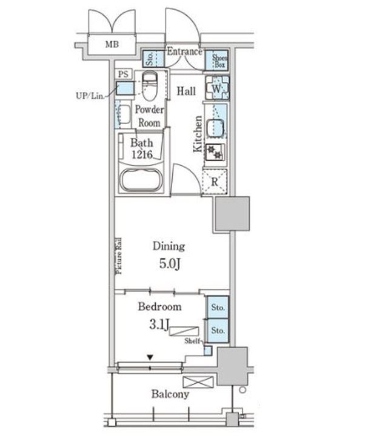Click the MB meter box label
[x=112, y=44]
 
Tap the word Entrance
[x=184, y=51]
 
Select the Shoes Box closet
[x=217, y=61]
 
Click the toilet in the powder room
[x=150, y=86]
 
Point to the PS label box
[x=123, y=74]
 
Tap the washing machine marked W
[x=217, y=88]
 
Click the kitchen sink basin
[x=215, y=127]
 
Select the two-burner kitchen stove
[x=215, y=152]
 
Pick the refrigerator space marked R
[x=215, y=182]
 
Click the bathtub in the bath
[x=141, y=180]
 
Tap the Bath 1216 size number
[x=142, y=154]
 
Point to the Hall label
[x=186, y=91]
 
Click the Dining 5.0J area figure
[x=170, y=263]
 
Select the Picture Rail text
[x=119, y=256]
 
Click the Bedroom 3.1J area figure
[x=159, y=324]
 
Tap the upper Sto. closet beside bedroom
[x=218, y=307]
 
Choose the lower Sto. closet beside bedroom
[x=218, y=331]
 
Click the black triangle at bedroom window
[x=150, y=357]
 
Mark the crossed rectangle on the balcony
[x=198, y=382]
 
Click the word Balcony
[x=170, y=394]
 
